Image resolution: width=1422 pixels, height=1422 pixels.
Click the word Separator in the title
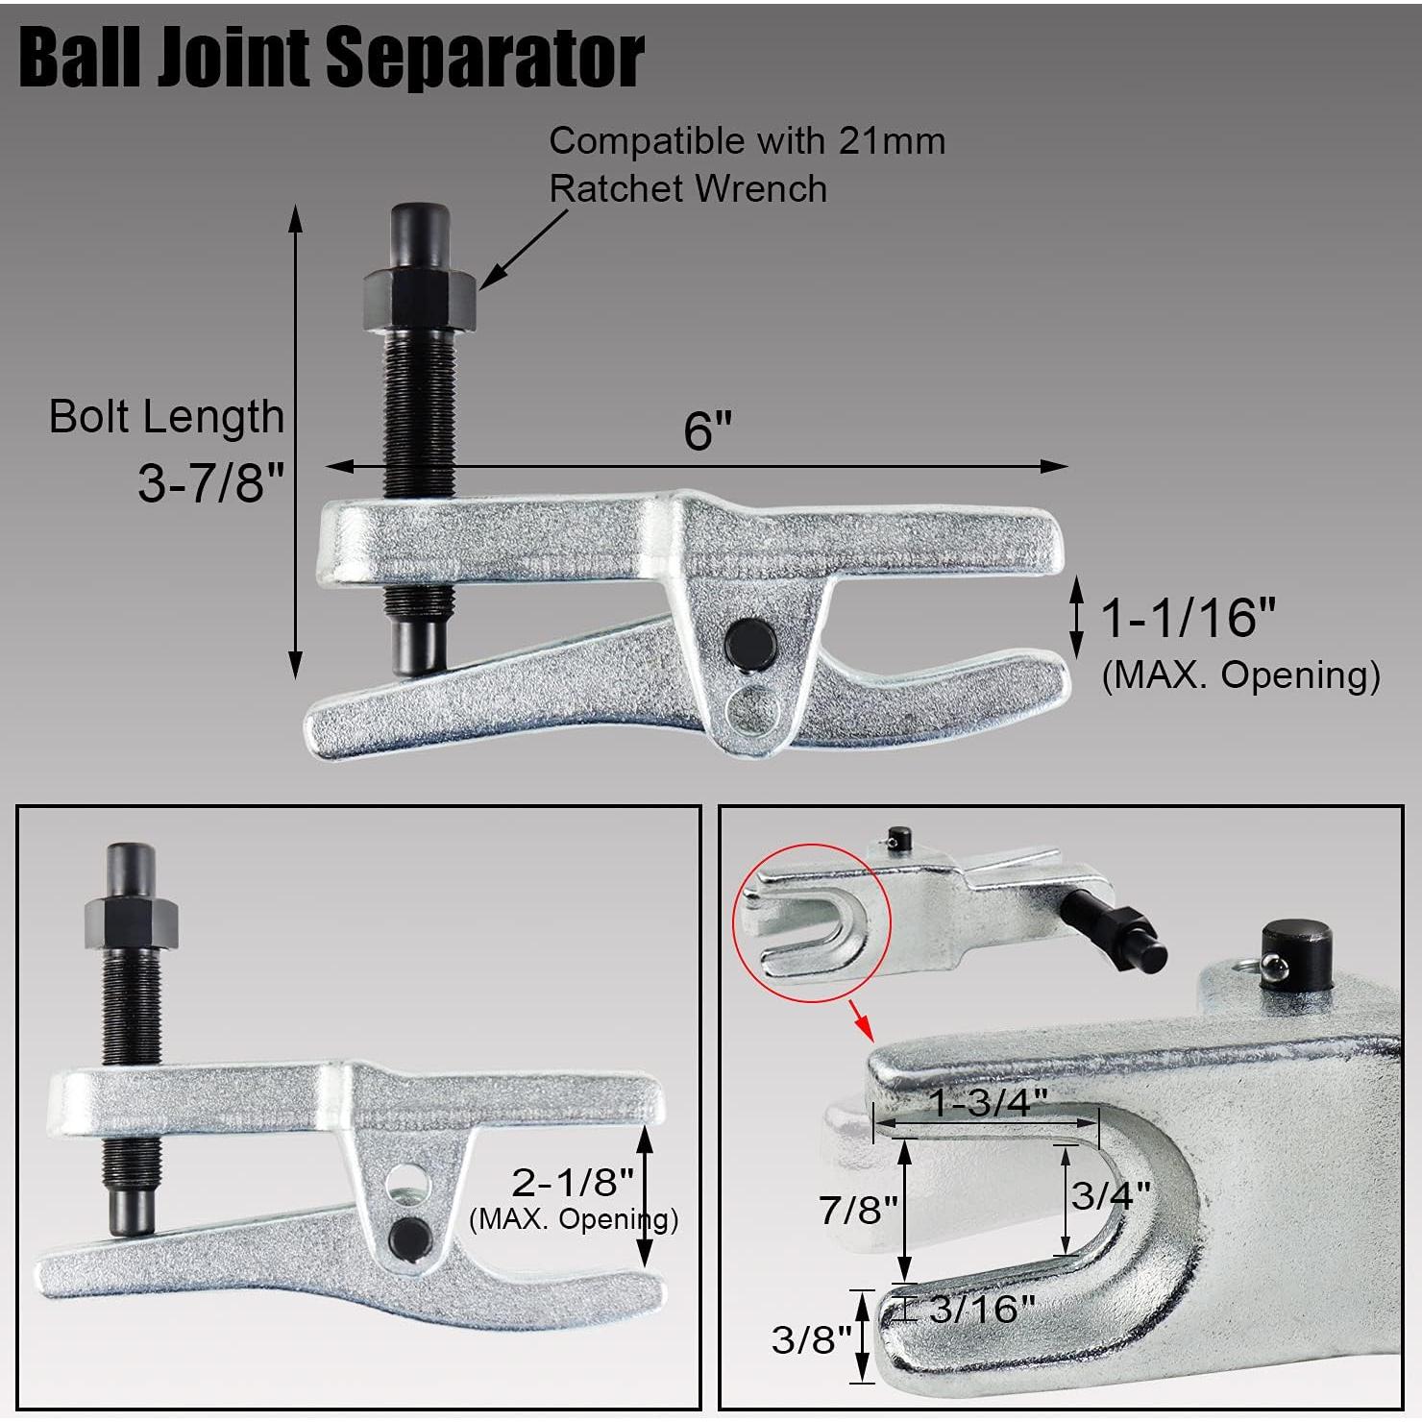click(485, 58)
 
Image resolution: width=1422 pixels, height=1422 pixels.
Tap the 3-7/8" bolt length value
click(212, 481)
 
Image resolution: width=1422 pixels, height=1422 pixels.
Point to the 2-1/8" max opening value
click(573, 1181)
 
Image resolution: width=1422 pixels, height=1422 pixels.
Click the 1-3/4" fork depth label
click(987, 1102)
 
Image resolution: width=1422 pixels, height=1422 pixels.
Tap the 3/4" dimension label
click(1111, 1195)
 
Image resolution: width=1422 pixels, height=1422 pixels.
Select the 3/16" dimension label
click(982, 1308)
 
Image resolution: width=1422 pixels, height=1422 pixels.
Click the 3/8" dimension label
click(812, 1338)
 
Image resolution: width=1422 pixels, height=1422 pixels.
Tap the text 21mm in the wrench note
click(892, 141)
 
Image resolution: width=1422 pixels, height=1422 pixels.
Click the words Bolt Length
click(166, 417)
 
